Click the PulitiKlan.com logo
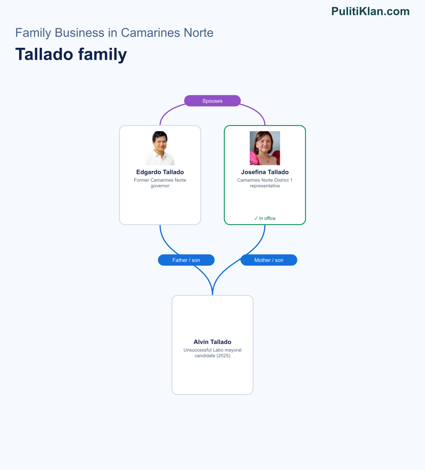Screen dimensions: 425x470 370,11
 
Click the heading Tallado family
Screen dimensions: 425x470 71,55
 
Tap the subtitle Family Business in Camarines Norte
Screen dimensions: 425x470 114,33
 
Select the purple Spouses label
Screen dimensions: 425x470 212,101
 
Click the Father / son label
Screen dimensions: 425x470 186,260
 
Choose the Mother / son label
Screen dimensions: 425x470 269,260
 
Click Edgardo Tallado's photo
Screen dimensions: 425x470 160,148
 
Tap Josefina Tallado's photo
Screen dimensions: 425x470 265,148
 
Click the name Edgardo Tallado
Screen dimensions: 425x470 160,172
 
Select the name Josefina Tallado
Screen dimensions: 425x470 265,172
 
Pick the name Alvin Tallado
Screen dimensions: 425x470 212,342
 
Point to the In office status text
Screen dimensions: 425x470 265,218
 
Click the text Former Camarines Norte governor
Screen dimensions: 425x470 160,183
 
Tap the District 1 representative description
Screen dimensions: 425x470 265,183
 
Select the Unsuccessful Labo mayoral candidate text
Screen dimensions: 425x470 212,353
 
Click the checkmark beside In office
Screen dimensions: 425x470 256,218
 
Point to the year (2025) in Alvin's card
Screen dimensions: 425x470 223,356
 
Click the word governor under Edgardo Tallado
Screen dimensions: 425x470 160,186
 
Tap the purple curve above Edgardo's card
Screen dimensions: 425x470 168,111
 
